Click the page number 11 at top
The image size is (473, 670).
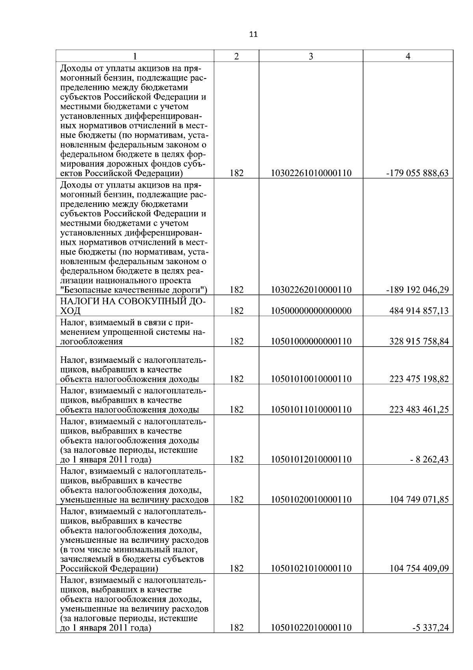pos(253,34)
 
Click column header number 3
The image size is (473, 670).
pos(311,56)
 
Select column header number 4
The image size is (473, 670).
pos(408,56)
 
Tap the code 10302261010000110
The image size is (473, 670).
pos(311,173)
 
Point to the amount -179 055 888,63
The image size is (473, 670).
pos(417,173)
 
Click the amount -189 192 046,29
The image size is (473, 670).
pos(417,290)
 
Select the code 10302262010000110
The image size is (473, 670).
pos(311,290)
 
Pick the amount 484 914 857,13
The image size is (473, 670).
pos(419,311)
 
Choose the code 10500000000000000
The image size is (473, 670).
pos(311,311)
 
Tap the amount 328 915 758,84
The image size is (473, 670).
pos(419,341)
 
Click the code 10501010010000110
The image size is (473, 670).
pos(311,379)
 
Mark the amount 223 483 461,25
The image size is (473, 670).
pos(419,409)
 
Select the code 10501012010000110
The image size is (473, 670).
pos(311,459)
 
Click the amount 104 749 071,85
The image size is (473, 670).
pos(419,499)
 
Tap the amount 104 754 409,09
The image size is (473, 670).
pos(419,568)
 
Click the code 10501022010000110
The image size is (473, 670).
pos(311,627)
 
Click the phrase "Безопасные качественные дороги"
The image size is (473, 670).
pos(134,290)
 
